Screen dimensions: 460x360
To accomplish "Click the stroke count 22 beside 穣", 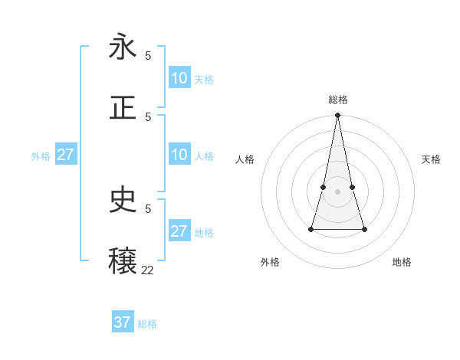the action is pos(147,270).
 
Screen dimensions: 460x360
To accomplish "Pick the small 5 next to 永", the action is pos(148,55).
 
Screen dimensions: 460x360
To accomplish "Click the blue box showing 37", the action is pos(123,322).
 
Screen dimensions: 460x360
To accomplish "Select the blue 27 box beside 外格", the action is pos(65,155).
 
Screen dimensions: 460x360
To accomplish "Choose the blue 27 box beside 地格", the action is pos(179,231).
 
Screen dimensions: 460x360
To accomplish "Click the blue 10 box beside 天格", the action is pos(179,78).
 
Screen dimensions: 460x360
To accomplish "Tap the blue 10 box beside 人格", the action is pos(179,155).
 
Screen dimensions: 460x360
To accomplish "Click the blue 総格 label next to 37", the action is pos(147,324).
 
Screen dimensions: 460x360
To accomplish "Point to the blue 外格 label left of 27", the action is pos(41,156).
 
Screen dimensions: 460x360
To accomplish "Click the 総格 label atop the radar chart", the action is pos(337,100).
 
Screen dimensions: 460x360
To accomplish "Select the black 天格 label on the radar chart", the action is pos(431,159).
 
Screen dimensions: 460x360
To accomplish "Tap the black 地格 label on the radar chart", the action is pos(402,262).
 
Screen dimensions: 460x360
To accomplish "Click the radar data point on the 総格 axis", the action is pos(337,115).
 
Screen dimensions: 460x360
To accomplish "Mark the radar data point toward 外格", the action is pos(311,228).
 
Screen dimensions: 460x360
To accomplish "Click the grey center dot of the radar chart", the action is pos(337,191).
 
